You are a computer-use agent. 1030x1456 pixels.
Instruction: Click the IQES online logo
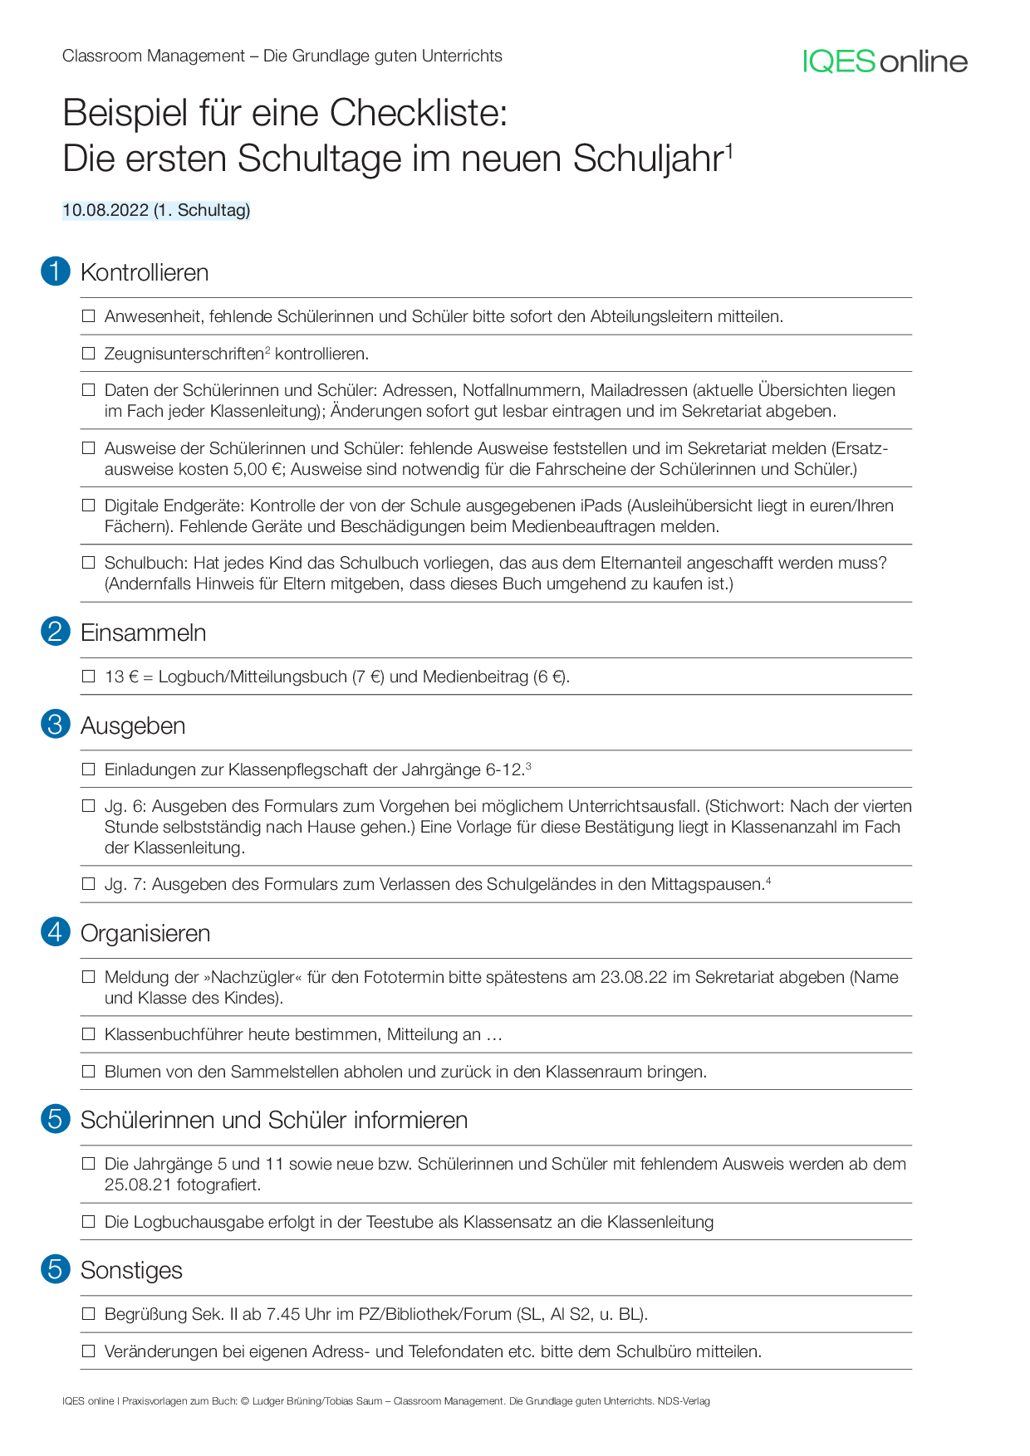point(885,61)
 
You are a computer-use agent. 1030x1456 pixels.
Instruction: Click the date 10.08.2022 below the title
point(105,210)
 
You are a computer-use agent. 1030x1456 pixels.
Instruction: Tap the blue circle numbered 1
point(56,271)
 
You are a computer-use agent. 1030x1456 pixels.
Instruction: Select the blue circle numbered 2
point(56,632)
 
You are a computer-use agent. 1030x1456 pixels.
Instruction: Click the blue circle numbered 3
point(56,725)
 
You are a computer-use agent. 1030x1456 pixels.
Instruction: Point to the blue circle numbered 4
point(56,932)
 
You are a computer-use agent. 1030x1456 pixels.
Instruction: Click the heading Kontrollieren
point(145,272)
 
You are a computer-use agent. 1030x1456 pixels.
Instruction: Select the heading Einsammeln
point(143,633)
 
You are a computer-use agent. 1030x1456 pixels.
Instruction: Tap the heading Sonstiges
point(131,1270)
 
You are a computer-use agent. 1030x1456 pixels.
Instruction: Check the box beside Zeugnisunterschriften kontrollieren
point(89,354)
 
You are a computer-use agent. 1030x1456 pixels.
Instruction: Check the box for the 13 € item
point(89,677)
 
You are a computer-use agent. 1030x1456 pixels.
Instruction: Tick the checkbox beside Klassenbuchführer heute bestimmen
point(89,1034)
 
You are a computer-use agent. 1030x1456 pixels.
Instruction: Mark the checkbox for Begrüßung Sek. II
point(89,1314)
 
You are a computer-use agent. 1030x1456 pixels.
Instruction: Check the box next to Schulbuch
point(89,563)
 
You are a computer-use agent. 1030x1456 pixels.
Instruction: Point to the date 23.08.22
point(634,977)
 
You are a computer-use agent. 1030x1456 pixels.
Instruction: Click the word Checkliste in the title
point(419,113)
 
